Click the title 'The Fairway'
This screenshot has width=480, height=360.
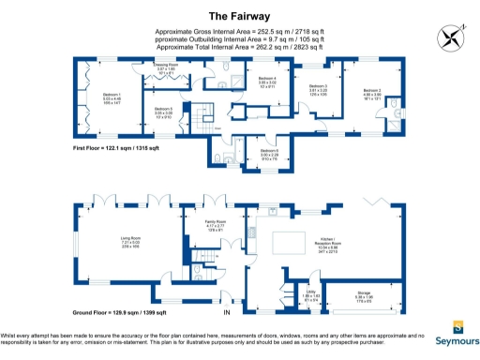click(x=239, y=16)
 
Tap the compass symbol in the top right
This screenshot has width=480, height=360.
click(x=449, y=37)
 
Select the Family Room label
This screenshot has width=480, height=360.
click(x=217, y=224)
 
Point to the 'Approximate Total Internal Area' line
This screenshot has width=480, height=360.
click(x=239, y=46)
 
